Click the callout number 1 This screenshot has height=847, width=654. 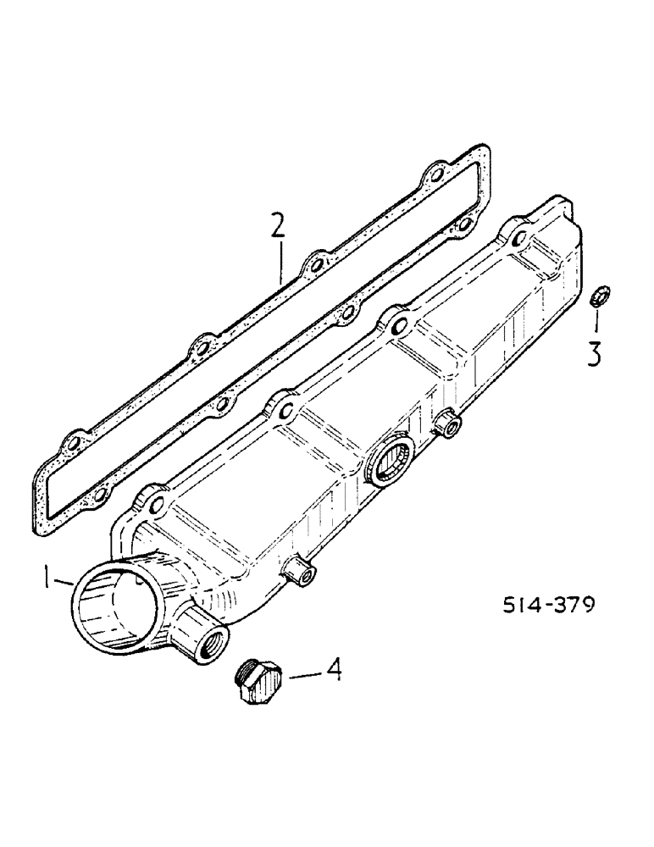pyautogui.click(x=48, y=581)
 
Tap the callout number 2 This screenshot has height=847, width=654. pyautogui.click(x=278, y=226)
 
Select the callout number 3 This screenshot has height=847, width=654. pyautogui.click(x=595, y=353)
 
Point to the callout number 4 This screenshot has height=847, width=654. pyautogui.click(x=333, y=672)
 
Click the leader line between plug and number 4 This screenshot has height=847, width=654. pyautogui.click(x=300, y=675)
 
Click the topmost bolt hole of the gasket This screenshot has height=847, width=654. pyautogui.click(x=435, y=175)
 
